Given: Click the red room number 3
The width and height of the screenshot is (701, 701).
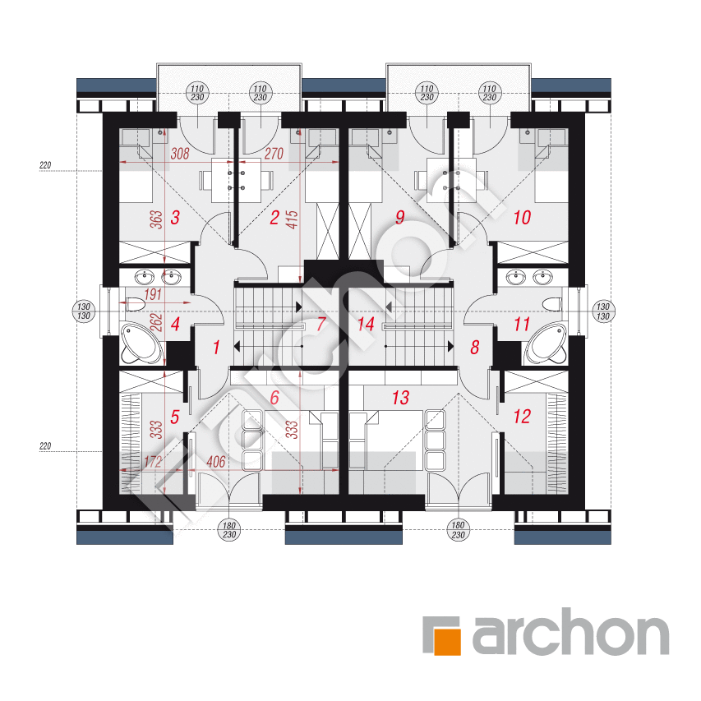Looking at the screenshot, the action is (x=175, y=218).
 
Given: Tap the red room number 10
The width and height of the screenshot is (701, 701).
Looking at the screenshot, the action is (x=522, y=218).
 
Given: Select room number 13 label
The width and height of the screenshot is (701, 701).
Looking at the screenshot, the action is (x=400, y=398).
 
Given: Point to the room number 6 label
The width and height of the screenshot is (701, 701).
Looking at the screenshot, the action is (x=274, y=398).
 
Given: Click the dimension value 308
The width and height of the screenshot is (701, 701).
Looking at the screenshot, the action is (x=180, y=154).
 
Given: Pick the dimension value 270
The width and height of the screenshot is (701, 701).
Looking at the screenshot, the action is (x=274, y=154).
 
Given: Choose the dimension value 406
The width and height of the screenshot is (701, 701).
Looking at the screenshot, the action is (x=215, y=462).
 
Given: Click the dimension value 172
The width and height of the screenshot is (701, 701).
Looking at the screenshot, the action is (x=153, y=462).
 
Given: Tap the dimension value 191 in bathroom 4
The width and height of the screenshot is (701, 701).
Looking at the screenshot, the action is (x=153, y=294).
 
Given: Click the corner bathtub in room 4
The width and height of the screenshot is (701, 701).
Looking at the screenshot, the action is (x=141, y=344).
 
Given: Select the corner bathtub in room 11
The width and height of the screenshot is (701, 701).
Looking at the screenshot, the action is (x=547, y=344).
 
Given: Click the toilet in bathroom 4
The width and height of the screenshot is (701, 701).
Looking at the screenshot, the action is (x=136, y=304).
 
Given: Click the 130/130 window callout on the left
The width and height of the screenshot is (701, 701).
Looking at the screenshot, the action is (x=84, y=311).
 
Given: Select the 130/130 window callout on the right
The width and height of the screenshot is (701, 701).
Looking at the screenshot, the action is (x=603, y=311).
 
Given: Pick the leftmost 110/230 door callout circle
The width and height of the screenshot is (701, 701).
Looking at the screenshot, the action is (x=197, y=93).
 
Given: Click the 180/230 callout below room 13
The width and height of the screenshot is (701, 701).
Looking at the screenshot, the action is (x=459, y=530).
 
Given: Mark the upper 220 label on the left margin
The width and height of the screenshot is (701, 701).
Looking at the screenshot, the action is (x=45, y=165).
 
